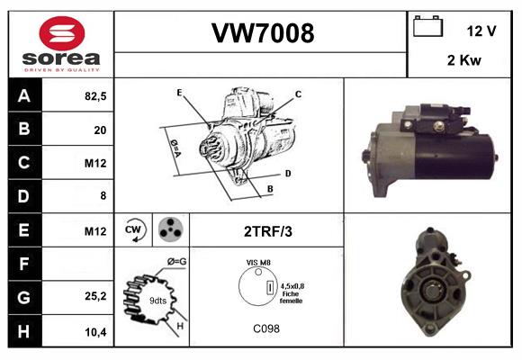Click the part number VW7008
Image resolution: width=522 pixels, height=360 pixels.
point(262,33)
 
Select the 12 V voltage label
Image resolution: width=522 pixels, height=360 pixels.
point(481,31)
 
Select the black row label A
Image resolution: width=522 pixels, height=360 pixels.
point(24,95)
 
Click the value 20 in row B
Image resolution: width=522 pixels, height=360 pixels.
point(99,130)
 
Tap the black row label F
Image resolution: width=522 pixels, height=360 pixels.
point(24,265)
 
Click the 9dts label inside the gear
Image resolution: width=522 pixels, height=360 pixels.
point(157,300)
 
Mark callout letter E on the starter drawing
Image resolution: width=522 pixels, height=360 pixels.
point(180,92)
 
